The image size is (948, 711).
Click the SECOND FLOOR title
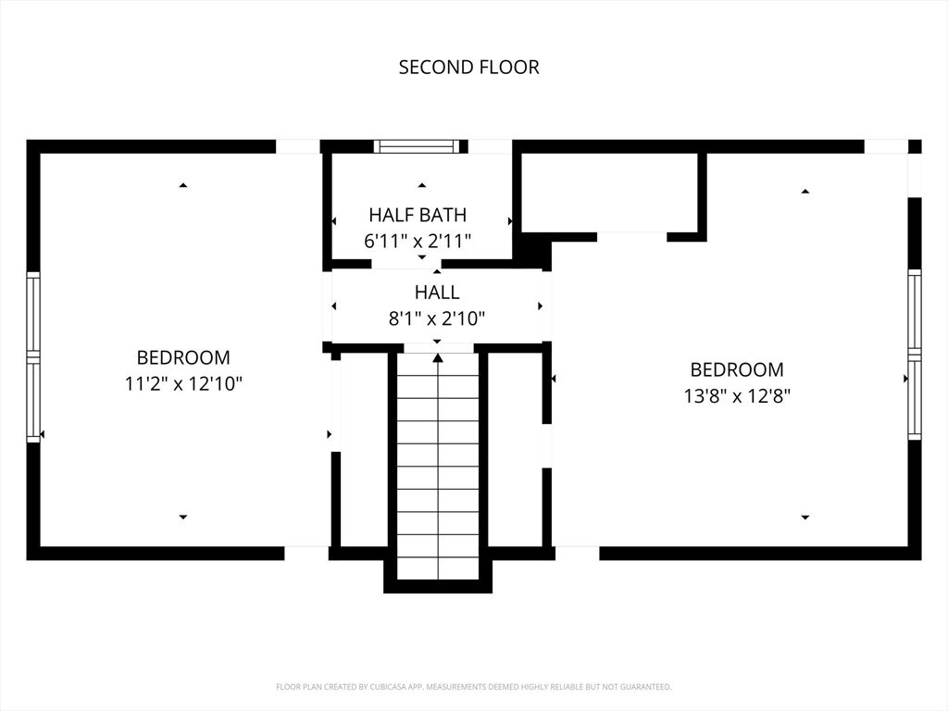468,67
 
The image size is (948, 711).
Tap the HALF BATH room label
418,215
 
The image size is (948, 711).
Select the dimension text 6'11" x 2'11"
418,242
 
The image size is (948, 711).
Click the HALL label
437,292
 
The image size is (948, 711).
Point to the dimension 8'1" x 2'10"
437,318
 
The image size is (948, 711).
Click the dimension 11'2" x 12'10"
183,383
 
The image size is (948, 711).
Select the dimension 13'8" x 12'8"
737,396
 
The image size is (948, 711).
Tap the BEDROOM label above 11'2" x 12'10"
183,357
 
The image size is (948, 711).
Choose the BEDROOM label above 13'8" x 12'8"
737,369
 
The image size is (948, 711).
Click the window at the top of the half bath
418,146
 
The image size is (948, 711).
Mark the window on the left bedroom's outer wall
33,356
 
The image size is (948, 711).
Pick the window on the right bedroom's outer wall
915,355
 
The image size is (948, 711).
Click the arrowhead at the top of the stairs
438,358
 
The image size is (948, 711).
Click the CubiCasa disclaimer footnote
473,687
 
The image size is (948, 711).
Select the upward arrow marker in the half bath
422,185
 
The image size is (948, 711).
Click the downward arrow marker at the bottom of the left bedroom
183,517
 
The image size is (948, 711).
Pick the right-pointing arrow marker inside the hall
540,306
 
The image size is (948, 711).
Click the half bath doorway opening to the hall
406,264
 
